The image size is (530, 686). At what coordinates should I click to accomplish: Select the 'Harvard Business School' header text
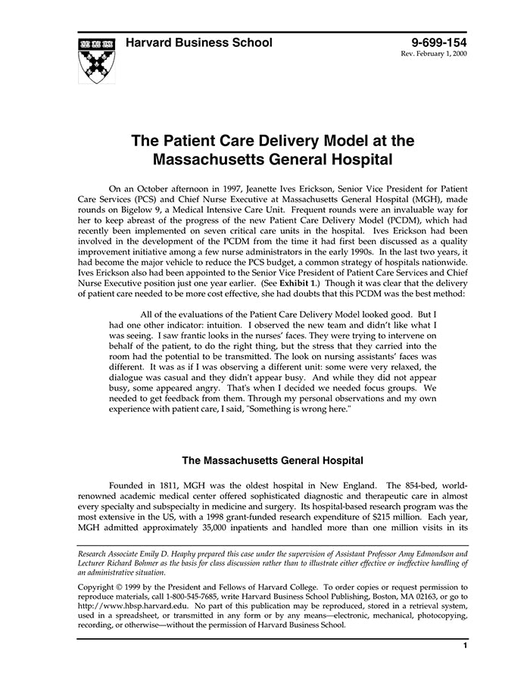[x=198, y=43]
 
